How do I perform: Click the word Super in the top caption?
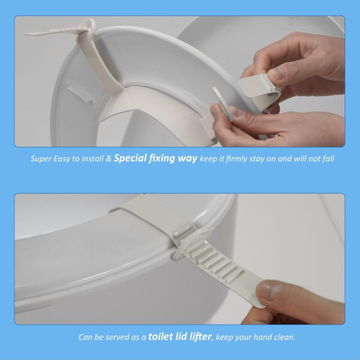[42, 160]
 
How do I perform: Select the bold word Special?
[130, 160]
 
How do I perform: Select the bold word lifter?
[196, 337]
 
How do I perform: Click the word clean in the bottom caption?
[283, 337]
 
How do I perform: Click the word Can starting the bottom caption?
[86, 337]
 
